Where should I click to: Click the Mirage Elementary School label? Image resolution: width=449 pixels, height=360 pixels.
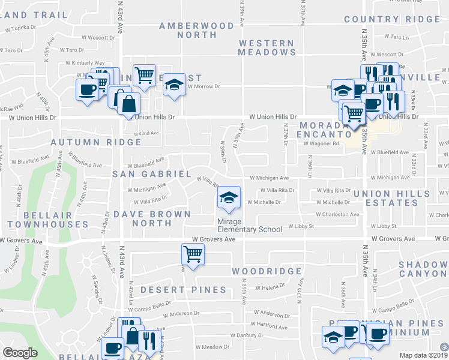249,225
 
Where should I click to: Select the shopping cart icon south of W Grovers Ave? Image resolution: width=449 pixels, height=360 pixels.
193,254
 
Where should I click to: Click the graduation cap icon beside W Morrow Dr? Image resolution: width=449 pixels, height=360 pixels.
175,83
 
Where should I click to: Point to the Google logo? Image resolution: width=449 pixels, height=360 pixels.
20,353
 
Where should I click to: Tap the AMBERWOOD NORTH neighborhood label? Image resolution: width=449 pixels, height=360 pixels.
196,30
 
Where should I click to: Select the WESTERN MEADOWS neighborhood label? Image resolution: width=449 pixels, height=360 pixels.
266,47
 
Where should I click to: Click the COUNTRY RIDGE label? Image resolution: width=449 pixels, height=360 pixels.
392,19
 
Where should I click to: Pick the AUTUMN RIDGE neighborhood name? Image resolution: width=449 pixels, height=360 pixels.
96,142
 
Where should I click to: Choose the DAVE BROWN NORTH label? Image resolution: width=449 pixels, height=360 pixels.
152,218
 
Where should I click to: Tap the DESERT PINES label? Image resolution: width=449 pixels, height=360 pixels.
183,290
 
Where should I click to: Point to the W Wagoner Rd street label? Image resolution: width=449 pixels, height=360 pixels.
322,143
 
